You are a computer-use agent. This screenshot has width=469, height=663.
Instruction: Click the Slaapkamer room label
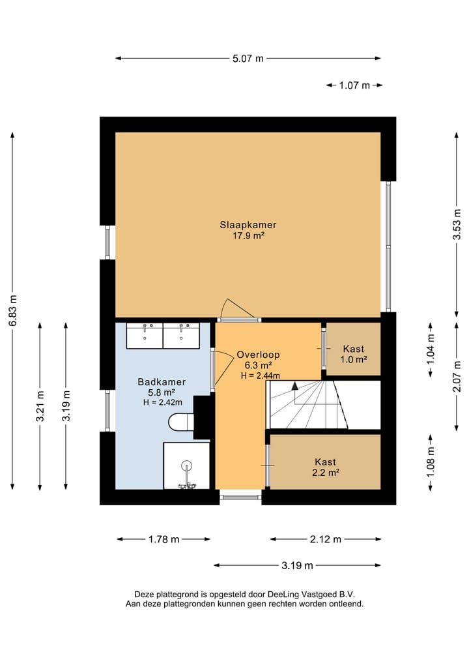[248, 225]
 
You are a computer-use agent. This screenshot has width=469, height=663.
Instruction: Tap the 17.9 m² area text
[248, 236]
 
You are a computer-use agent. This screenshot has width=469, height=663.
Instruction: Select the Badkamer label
[162, 382]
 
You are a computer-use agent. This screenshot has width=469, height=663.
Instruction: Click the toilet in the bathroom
[181, 422]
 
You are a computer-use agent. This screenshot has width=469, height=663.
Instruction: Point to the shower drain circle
[186, 466]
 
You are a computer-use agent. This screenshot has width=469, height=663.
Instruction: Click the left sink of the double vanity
[145, 336]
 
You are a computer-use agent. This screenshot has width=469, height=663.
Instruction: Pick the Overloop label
[258, 355]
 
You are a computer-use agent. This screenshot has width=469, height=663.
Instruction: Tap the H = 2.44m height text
[261, 376]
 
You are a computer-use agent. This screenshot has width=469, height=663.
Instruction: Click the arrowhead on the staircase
[295, 385]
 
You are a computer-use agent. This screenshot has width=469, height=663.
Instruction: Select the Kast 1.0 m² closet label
[354, 355]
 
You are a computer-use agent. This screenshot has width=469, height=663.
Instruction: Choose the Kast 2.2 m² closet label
[325, 467]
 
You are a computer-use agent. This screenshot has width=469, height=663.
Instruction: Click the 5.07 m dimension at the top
[248, 59]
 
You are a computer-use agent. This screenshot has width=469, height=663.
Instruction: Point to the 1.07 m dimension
[354, 85]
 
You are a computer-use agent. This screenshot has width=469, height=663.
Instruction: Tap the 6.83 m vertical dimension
[12, 310]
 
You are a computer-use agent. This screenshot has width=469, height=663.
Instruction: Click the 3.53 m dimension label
[457, 224]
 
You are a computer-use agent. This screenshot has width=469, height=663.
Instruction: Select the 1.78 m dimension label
[164, 540]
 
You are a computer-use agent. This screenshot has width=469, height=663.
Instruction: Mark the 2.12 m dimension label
[325, 540]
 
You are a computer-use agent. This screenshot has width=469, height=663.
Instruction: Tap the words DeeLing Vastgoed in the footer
[302, 595]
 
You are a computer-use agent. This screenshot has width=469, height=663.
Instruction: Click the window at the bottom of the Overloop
[240, 497]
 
